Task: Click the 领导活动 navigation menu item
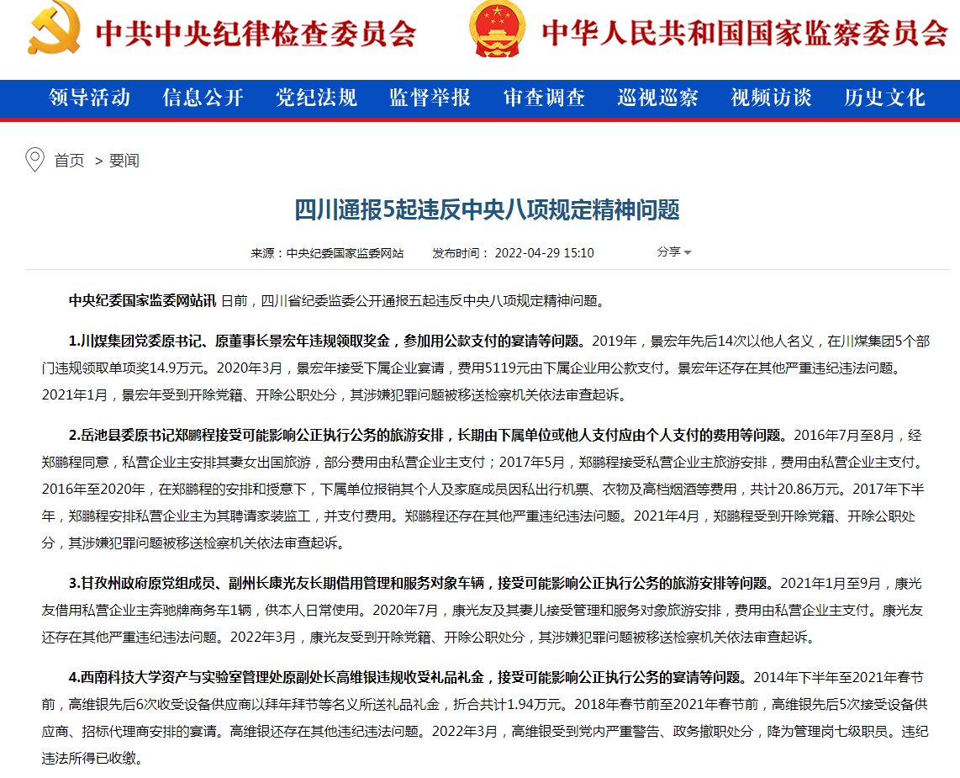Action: point(90,98)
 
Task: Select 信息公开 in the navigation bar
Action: point(203,98)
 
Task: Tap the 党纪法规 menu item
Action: point(317,98)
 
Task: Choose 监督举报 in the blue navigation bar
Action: point(430,98)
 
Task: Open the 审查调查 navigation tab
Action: point(544,98)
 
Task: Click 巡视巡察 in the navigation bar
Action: point(657,98)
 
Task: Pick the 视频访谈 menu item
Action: point(771,98)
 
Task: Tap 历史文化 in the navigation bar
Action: point(884,98)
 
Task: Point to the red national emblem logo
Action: point(498,29)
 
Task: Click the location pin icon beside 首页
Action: point(35,160)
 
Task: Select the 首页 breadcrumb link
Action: point(69,161)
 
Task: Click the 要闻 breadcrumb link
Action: point(124,161)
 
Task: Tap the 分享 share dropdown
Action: point(673,252)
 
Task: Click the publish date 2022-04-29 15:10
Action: point(545,253)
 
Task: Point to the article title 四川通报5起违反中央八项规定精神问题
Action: point(487,210)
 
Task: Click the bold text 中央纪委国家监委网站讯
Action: point(142,300)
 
